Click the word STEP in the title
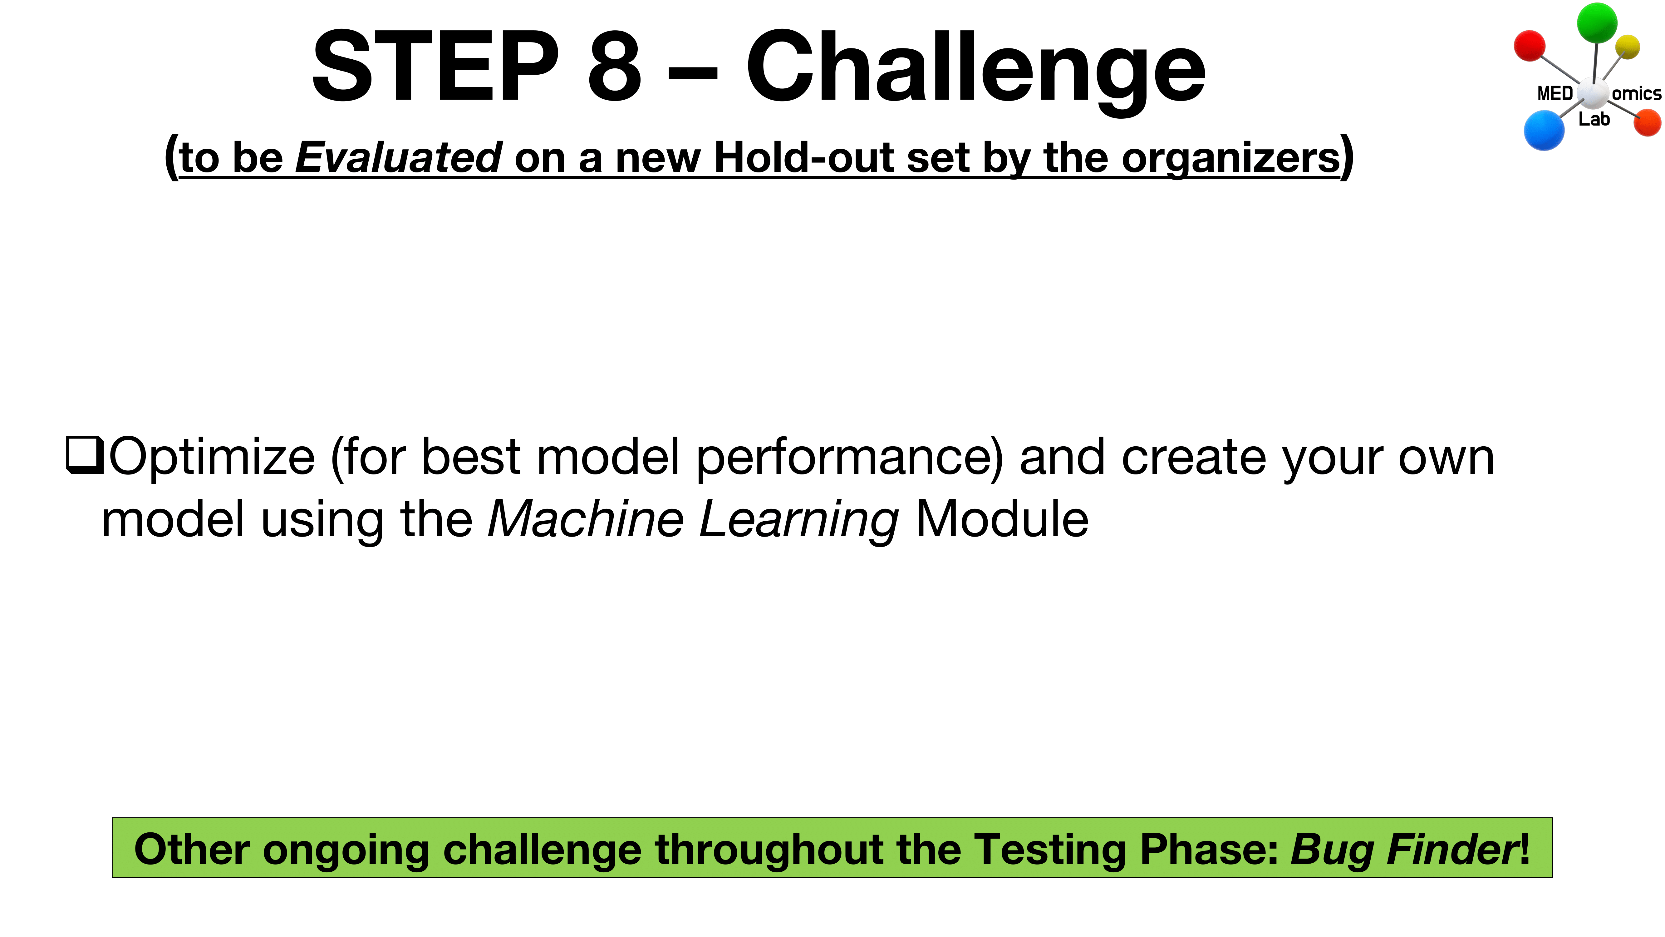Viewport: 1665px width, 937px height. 435,67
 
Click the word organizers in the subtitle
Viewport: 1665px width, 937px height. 1230,158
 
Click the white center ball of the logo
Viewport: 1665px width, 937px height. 1593,94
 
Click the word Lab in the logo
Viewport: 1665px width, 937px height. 1594,119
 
